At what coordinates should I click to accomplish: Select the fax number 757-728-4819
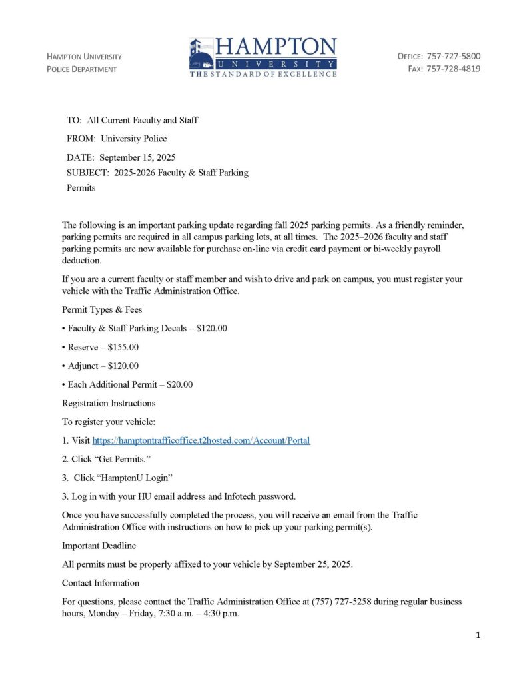453,69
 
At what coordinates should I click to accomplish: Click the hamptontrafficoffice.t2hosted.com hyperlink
201,440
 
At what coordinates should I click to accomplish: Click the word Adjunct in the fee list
85,366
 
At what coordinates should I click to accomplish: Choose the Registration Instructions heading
109,403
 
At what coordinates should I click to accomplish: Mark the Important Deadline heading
99,546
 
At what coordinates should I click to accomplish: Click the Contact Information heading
101,583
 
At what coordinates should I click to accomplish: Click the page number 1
478,635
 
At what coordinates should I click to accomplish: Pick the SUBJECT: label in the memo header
89,173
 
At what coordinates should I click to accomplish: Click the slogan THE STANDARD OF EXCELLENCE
263,74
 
